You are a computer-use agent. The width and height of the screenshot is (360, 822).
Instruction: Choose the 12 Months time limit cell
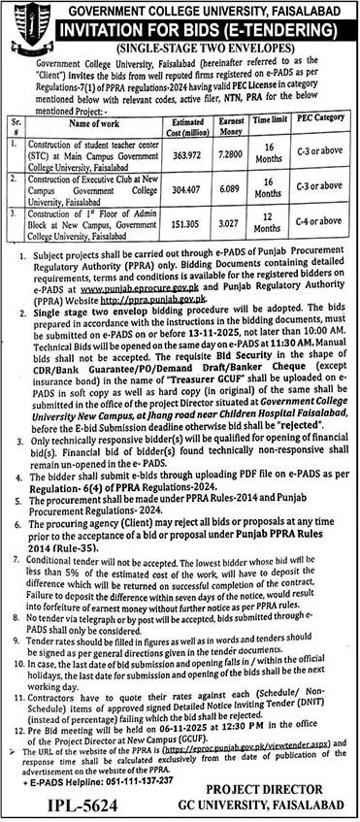(x=292, y=231)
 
